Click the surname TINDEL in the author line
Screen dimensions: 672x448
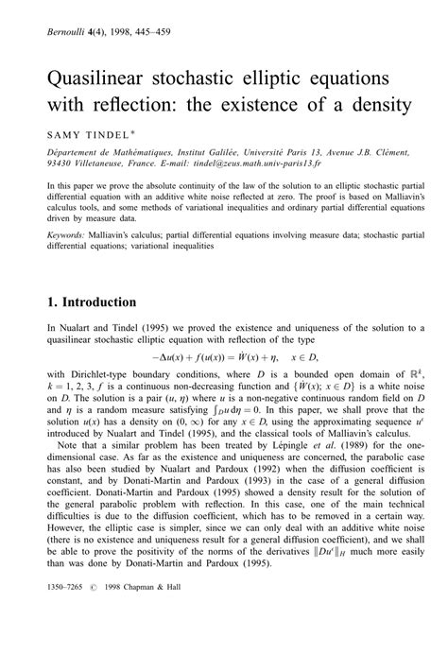pos(101,135)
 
